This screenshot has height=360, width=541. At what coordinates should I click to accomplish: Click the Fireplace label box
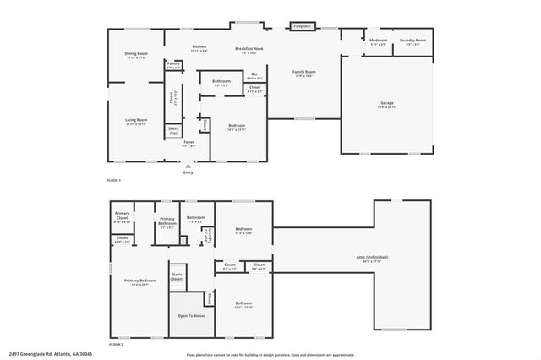pyautogui.click(x=302, y=26)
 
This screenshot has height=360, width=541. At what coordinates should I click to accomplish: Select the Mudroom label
pyautogui.click(x=378, y=41)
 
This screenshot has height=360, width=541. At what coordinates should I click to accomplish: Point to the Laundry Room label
pyautogui.click(x=413, y=41)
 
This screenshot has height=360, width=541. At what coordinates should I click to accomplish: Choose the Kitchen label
pyautogui.click(x=199, y=48)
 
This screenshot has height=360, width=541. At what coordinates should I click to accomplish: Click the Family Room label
pyautogui.click(x=304, y=74)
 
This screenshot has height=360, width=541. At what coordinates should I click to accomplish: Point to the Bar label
pyautogui.click(x=254, y=76)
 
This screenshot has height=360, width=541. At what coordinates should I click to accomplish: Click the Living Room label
pyautogui.click(x=137, y=122)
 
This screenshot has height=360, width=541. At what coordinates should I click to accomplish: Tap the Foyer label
pyautogui.click(x=189, y=144)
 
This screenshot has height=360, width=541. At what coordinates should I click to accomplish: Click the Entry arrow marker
pyautogui.click(x=189, y=167)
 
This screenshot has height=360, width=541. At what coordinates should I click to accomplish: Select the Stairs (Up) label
pyautogui.click(x=173, y=131)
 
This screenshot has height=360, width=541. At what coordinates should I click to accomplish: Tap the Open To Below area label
pyautogui.click(x=189, y=315)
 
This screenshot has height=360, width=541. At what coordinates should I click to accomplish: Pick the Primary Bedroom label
pyautogui.click(x=140, y=282)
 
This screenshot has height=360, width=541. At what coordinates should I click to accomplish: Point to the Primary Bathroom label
pyautogui.click(x=167, y=225)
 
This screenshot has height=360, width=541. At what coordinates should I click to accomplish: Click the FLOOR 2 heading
pyautogui.click(x=115, y=345)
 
